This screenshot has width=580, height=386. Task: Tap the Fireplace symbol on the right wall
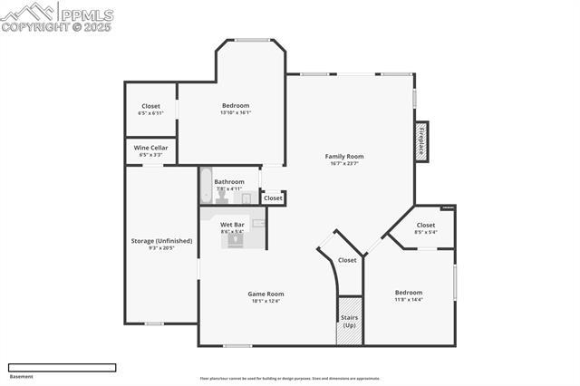(420, 141)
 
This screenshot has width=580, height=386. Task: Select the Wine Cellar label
(150, 148)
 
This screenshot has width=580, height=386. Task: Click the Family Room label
(343, 157)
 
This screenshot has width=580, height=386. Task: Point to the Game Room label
(266, 294)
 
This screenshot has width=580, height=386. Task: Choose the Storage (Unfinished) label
(161, 240)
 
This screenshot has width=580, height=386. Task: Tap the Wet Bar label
(232, 224)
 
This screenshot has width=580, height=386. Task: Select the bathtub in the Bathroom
(206, 186)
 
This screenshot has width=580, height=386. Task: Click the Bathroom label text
(229, 181)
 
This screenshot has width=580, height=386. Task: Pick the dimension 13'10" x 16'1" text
(235, 113)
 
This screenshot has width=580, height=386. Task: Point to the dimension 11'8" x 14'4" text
(408, 300)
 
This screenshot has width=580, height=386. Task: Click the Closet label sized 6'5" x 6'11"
(150, 106)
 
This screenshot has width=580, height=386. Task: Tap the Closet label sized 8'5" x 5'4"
(425, 225)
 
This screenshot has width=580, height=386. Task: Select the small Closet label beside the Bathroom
(273, 198)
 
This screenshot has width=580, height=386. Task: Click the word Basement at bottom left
(20, 376)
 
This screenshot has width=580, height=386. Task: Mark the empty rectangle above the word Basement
(62, 367)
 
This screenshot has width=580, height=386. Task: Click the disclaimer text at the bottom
(290, 379)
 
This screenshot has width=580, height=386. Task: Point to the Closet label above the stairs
(347, 260)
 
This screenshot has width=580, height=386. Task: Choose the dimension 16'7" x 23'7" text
(343, 164)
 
